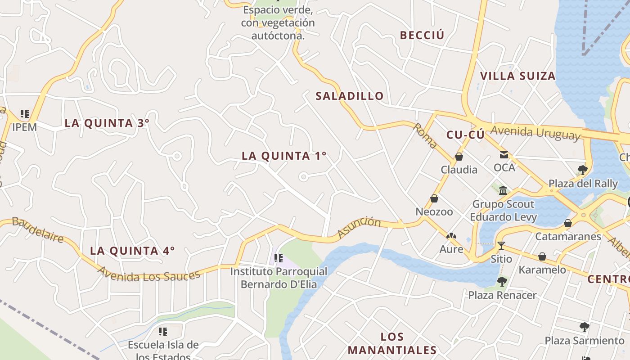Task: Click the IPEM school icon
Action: (x=24, y=114)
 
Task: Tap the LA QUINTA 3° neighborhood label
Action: (x=107, y=123)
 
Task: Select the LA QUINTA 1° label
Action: (x=284, y=156)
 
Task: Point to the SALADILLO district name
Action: (x=349, y=96)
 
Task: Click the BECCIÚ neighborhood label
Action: (x=422, y=35)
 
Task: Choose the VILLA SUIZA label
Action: (x=517, y=76)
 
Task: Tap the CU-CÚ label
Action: (x=465, y=135)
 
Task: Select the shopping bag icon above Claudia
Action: (x=459, y=157)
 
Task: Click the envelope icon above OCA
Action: (x=504, y=155)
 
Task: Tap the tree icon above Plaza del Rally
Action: (x=583, y=170)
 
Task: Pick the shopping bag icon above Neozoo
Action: (x=434, y=198)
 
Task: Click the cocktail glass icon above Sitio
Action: (x=501, y=246)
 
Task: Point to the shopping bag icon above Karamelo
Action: (x=542, y=256)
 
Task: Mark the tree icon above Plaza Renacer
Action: (x=502, y=282)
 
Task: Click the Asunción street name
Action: (x=359, y=227)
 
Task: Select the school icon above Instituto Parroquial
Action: (x=278, y=258)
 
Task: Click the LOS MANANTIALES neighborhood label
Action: (x=392, y=343)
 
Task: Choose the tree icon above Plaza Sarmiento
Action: (x=585, y=327)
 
